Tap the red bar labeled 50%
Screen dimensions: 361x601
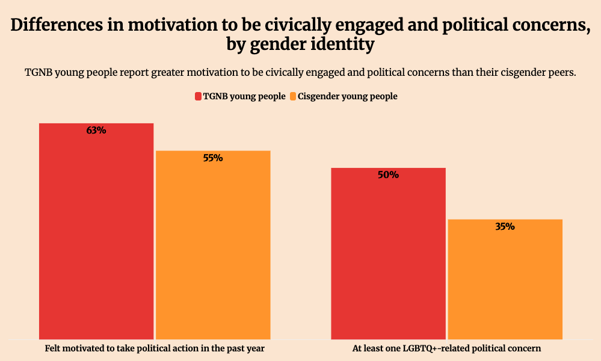click(x=388, y=253)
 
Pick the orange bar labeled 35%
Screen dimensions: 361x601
click(x=505, y=279)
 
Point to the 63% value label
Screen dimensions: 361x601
click(x=96, y=130)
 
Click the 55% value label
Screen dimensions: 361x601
click(x=213, y=158)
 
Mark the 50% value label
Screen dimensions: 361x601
click(x=388, y=175)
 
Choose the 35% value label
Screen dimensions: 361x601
click(x=505, y=227)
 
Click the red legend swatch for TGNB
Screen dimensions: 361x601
click(x=197, y=96)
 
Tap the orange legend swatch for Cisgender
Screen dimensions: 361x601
click(x=293, y=96)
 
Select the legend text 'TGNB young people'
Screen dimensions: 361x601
click(x=244, y=96)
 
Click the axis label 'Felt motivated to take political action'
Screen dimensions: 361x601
click(x=155, y=348)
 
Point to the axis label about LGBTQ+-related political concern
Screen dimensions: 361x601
click(x=446, y=348)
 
